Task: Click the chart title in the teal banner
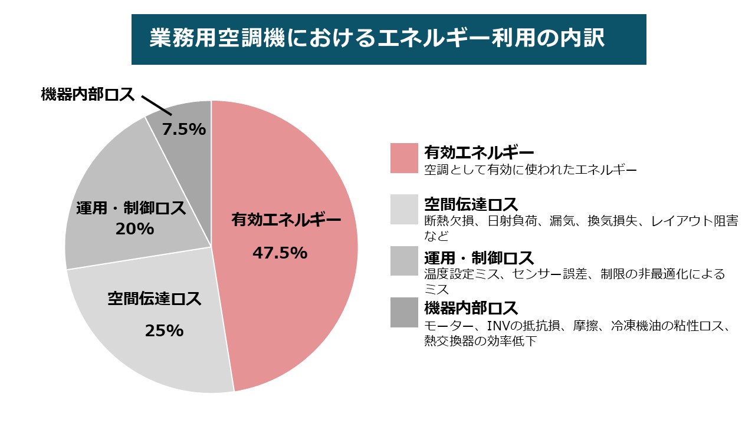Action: (377, 39)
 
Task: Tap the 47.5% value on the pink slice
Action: (280, 253)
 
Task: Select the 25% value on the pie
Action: (164, 331)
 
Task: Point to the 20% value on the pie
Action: (134, 228)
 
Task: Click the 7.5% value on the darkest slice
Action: (184, 129)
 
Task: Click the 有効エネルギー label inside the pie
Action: (286, 220)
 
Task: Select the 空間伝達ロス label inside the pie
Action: (155, 299)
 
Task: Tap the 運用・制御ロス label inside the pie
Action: (131, 208)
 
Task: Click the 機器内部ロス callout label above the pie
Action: (88, 94)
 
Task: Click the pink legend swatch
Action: (404, 158)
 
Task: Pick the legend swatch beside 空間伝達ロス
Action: (404, 210)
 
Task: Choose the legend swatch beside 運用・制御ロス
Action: (404, 261)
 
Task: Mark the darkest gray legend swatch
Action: (404, 312)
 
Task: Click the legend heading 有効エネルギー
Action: (479, 153)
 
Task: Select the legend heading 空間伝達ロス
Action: (471, 205)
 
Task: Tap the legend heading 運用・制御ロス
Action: (479, 258)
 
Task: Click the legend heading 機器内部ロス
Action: (471, 307)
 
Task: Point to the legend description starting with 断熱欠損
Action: (581, 221)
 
